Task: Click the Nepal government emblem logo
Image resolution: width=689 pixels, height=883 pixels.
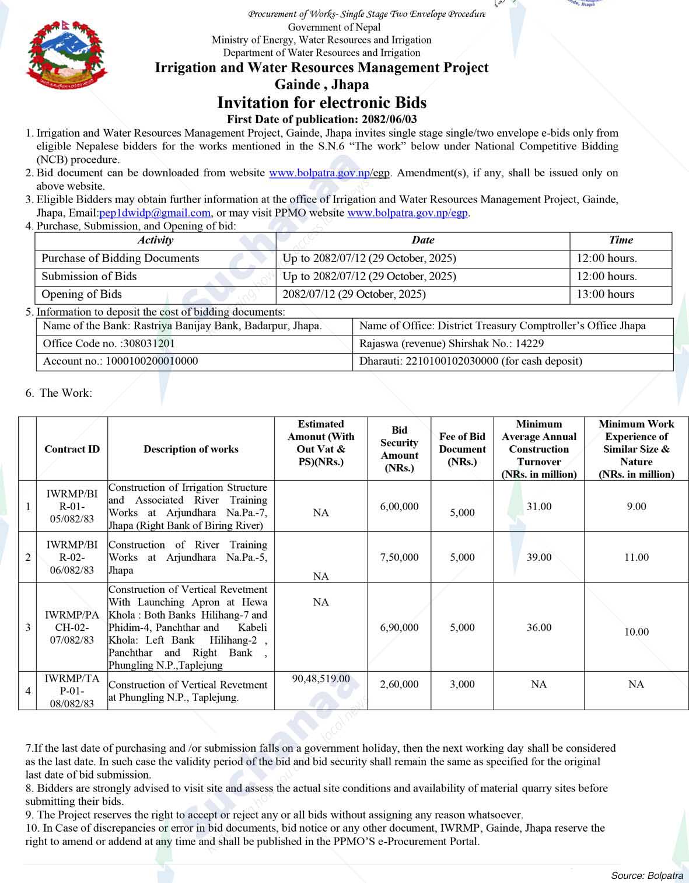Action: coord(67,55)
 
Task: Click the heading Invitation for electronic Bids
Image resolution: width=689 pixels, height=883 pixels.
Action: coord(321,103)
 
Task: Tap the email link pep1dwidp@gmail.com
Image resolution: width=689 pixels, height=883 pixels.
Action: coord(155,213)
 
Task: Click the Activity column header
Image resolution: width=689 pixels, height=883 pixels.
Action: coord(155,240)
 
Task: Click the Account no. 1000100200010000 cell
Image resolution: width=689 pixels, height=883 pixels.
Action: coord(120,361)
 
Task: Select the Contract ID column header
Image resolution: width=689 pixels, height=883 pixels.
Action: coord(72,449)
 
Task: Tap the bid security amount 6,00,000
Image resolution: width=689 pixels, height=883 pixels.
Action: coord(399,507)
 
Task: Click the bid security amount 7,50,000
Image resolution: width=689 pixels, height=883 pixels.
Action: coord(399,557)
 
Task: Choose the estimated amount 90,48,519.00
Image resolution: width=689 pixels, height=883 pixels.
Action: coord(321,679)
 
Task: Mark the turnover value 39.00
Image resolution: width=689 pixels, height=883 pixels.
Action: coord(538,557)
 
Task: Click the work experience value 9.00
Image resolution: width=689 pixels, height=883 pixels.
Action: coord(636,507)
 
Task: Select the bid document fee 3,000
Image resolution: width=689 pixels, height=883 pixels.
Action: coord(462,684)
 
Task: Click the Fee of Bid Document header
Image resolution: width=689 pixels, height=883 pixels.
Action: coord(462,449)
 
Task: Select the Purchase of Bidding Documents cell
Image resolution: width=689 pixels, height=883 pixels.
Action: coord(120,259)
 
